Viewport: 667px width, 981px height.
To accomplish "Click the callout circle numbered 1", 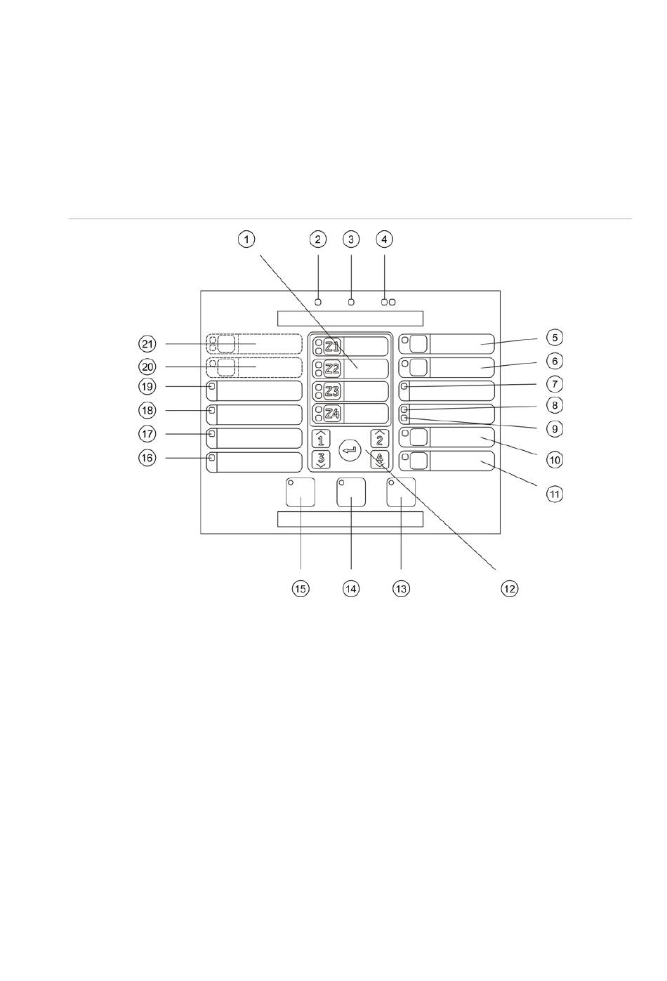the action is pyautogui.click(x=246, y=239).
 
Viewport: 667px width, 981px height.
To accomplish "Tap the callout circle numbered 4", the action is pyautogui.click(x=383, y=239).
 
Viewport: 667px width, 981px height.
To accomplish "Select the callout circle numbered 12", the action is pyautogui.click(x=509, y=588).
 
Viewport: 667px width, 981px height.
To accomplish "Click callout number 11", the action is pyautogui.click(x=555, y=494).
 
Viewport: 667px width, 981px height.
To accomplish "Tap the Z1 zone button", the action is pyautogui.click(x=332, y=345).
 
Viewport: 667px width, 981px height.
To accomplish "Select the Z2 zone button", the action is pyautogui.click(x=332, y=368).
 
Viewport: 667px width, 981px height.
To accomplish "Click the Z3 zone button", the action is pyautogui.click(x=332, y=391).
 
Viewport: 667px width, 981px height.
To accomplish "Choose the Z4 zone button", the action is pyautogui.click(x=332, y=414).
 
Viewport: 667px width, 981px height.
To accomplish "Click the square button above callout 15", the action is pyautogui.click(x=301, y=492).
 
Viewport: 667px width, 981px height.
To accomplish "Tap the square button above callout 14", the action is pyautogui.click(x=351, y=492).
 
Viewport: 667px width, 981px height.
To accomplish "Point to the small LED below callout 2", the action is pyautogui.click(x=318, y=302).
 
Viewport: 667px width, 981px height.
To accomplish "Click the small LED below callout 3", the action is pyautogui.click(x=352, y=302).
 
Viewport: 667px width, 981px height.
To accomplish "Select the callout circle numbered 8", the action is pyautogui.click(x=555, y=405).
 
